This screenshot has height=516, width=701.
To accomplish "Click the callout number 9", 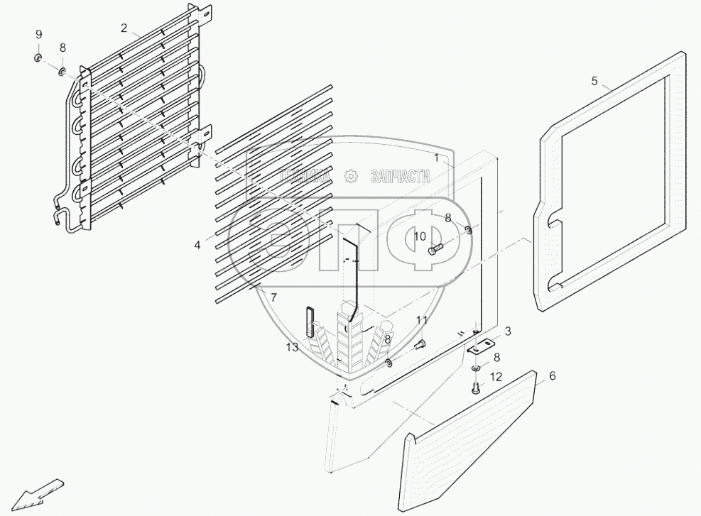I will click(39, 35).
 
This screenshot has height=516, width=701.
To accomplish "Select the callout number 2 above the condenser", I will click(124, 28).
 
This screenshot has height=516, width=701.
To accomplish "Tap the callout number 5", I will click(594, 81).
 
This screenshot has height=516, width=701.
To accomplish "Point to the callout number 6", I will click(553, 376).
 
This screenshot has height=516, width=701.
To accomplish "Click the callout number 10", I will click(420, 236).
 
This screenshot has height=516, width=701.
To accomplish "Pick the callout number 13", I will click(293, 346).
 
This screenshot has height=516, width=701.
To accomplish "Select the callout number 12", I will click(496, 377).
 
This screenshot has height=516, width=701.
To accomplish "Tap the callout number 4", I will click(197, 245).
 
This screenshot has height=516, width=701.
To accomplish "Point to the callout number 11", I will click(422, 321).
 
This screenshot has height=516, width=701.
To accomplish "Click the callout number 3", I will click(508, 331).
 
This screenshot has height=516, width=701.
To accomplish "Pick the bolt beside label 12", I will click(475, 388).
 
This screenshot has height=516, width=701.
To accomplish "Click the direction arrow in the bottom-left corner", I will click(39, 491).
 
